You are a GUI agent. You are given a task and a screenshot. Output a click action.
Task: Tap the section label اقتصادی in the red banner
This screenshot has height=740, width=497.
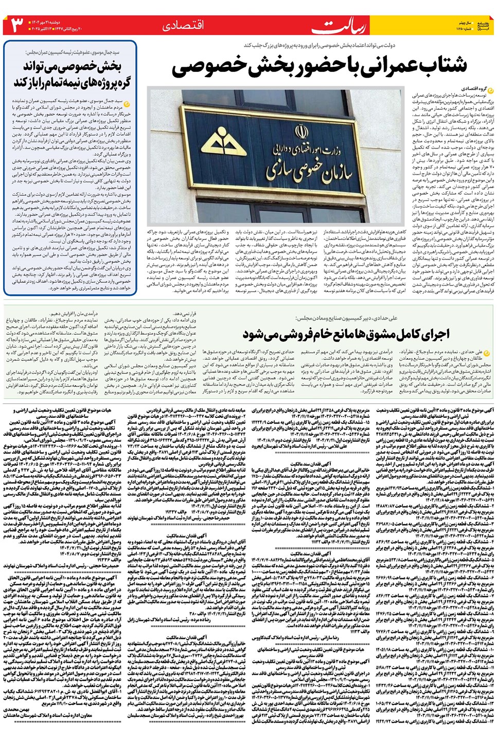[x=183, y=26]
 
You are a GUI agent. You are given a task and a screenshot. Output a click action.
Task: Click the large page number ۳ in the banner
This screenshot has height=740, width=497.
[x=17, y=25]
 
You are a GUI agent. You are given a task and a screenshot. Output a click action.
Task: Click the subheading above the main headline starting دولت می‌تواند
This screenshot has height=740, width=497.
[x=319, y=46]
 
